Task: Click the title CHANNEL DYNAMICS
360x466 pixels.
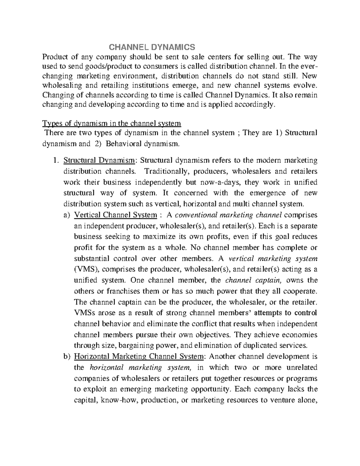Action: tap(151, 47)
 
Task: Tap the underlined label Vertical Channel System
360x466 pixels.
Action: tap(115, 215)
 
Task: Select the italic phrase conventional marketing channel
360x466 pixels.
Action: tap(228, 215)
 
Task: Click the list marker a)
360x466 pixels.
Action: tap(66, 215)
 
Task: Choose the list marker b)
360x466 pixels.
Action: tap(66, 356)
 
